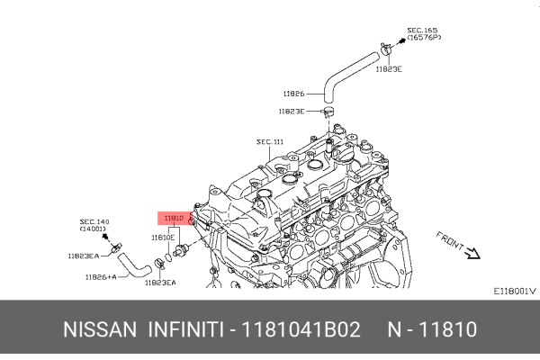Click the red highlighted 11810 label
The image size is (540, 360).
pos(175,218)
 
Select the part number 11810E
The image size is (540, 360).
pos(163,238)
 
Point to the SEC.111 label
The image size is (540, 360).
pos(270,141)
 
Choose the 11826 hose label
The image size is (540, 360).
pos(293,93)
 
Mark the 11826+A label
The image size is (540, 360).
pos(100,277)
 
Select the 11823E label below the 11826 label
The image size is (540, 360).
pos(291,111)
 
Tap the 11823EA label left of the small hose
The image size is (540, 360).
pos(83,256)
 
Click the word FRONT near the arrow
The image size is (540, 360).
pos(449,241)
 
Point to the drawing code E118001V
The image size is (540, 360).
pos(514,291)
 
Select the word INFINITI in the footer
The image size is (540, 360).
pos(185,329)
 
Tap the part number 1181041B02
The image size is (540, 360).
pos(301,329)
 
